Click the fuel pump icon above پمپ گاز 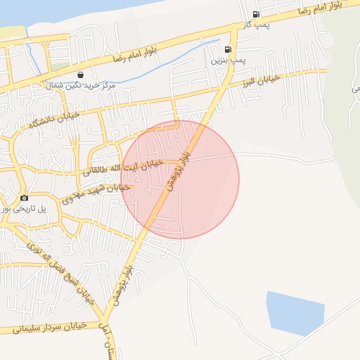(x=255, y=14)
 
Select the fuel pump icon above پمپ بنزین (x=227, y=49)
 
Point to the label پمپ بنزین (x=229, y=61)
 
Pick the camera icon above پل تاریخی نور (x=25, y=198)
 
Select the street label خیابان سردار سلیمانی (x=42, y=328)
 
